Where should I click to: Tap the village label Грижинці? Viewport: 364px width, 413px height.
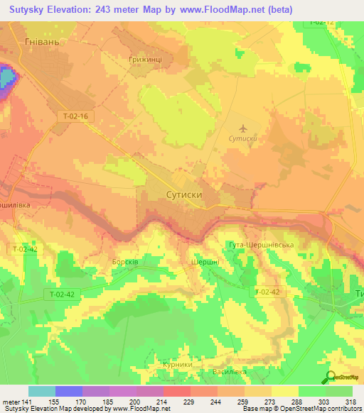coord(147,60)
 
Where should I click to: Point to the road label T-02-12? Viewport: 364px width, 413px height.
coord(321,23)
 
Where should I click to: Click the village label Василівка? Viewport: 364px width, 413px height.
coord(229,371)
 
